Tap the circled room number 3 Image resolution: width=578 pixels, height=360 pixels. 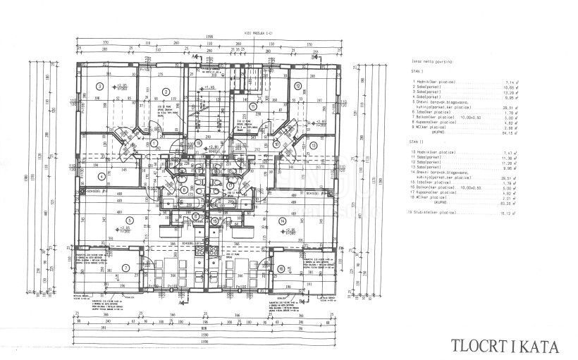[x=100, y=87]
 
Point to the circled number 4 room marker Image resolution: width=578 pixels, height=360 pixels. [x=101, y=177]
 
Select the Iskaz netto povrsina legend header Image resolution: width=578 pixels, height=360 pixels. [x=432, y=63]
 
